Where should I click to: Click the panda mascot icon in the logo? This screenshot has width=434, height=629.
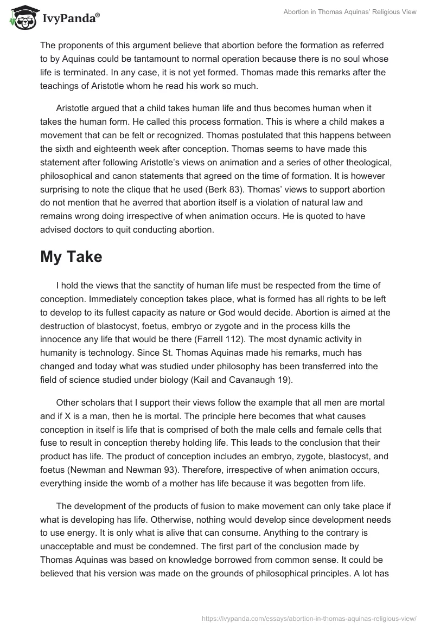(x=20, y=18)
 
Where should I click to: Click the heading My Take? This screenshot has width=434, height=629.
(x=71, y=257)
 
